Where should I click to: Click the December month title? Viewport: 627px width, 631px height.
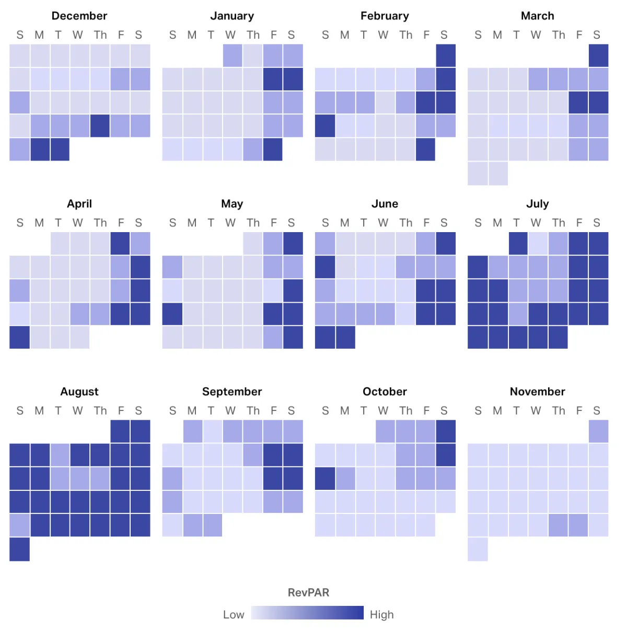79,16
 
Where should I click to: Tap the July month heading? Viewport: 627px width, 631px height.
537,203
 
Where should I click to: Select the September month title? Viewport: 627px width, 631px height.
232,392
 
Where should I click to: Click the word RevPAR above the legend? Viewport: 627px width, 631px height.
308,592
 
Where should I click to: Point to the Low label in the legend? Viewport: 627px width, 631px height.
234,614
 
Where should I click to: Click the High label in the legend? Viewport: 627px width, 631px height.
381,614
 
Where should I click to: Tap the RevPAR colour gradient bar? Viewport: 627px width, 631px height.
307,613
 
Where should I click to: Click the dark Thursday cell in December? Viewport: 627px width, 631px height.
100,126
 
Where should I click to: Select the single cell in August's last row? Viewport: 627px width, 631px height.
19,549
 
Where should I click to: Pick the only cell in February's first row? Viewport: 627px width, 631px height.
446,55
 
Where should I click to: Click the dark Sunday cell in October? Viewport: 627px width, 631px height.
325,478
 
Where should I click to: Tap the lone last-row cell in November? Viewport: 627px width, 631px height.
478,549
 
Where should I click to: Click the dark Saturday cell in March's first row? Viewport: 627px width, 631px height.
598,55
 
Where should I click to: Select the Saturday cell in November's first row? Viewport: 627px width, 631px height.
598,431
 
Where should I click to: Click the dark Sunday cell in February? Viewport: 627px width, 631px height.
325,126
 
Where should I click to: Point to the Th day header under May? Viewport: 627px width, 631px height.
253,223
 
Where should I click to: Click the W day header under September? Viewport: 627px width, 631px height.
230,410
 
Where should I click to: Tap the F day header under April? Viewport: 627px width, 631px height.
121,223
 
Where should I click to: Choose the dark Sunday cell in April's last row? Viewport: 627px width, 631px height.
19,337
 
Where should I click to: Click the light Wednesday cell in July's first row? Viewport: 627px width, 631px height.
538,244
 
